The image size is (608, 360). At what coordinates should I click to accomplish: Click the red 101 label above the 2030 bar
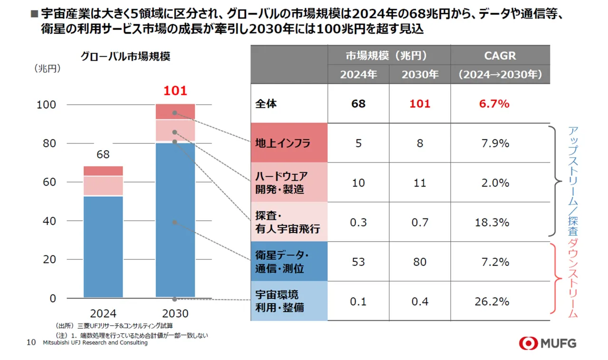(x=175, y=91)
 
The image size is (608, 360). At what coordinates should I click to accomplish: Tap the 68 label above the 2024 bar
(x=103, y=155)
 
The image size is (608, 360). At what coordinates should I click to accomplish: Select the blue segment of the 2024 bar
(x=103, y=246)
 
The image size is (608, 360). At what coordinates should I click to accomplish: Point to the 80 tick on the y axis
(x=46, y=143)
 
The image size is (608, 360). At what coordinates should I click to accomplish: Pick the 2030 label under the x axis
(x=175, y=313)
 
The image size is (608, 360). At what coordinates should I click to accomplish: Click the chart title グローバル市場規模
(x=125, y=56)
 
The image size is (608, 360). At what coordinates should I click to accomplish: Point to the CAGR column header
(x=500, y=56)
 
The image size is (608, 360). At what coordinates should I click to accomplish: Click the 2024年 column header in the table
(x=359, y=75)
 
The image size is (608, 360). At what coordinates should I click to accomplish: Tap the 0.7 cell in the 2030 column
(x=420, y=222)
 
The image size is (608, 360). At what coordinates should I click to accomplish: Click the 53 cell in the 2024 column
(x=359, y=262)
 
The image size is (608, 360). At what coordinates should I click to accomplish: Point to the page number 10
(x=31, y=342)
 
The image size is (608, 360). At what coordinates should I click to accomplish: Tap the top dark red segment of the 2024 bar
(x=103, y=171)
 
